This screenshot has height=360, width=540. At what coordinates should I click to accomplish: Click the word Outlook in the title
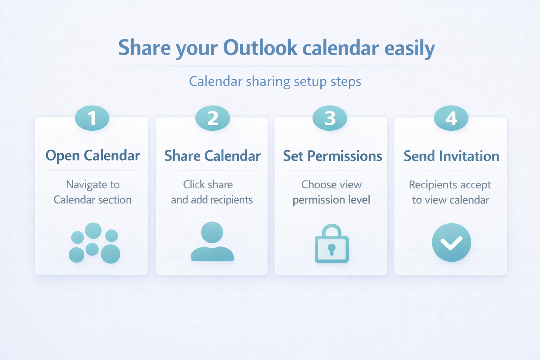pos(260,47)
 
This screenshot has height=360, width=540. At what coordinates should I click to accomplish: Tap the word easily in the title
pos(410,49)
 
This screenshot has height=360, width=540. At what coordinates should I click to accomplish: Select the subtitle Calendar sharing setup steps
pos(275,82)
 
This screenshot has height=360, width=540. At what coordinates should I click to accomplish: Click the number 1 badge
pos(92,118)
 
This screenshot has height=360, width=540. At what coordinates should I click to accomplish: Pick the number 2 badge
pos(213,118)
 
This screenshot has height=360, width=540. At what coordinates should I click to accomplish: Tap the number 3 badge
pos(330,118)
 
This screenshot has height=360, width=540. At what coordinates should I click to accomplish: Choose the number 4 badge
pos(451,118)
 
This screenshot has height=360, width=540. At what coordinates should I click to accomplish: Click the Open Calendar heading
pos(92,155)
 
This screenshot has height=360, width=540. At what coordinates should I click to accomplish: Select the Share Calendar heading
pos(212,155)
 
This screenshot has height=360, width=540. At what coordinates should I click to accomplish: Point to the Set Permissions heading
pos(333,155)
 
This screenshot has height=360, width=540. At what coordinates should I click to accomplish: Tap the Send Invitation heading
pos(451,155)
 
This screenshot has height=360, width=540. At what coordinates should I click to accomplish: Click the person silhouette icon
pos(212,242)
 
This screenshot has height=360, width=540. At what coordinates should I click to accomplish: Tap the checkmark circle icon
pos(451,242)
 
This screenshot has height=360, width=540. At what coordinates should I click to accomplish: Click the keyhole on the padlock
pos(332,249)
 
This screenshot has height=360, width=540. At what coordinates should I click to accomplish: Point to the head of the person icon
pos(212,232)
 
